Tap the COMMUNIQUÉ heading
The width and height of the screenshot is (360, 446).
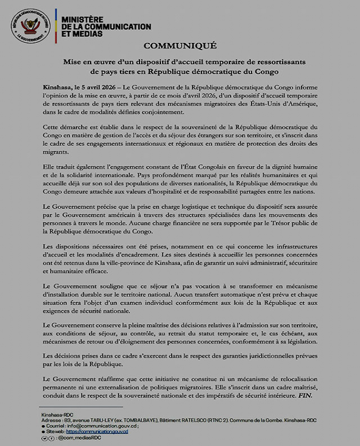click(179, 46)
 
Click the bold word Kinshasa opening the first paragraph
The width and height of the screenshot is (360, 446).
click(58, 88)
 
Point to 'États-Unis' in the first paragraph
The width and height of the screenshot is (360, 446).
click(262, 104)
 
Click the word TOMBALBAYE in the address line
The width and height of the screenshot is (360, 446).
click(138, 420)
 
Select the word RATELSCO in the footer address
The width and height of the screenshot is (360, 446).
click(197, 420)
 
